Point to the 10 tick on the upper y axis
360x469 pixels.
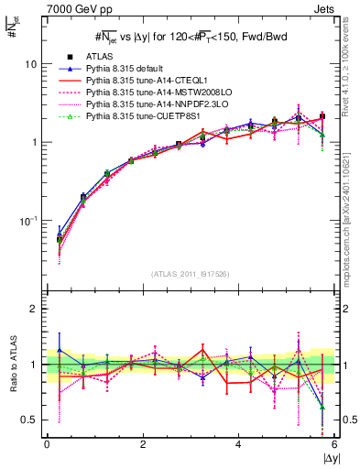point(30,64)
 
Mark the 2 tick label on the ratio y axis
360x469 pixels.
point(33,309)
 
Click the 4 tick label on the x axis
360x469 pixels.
point(238,444)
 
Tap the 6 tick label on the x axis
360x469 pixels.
point(334,444)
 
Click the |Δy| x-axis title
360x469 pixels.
point(323,457)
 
